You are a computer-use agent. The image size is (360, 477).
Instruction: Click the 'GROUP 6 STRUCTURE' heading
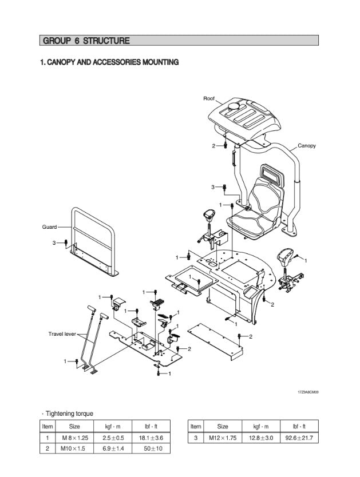86,41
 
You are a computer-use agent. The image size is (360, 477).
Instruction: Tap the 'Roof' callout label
209,99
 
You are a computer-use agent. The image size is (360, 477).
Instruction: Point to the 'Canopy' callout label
307,146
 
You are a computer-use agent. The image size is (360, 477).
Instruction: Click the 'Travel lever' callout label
62,333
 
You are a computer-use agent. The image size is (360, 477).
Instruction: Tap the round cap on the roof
235,107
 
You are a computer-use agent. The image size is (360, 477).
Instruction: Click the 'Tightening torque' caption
69,414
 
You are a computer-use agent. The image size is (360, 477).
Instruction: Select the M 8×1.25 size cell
74,438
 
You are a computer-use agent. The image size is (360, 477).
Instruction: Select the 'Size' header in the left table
74,427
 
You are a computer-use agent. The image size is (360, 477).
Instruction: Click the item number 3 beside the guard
54,243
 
